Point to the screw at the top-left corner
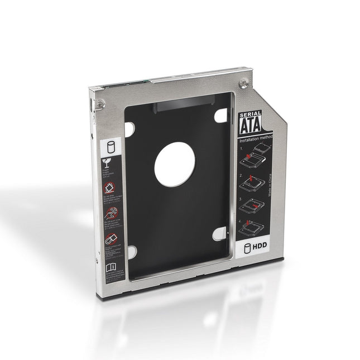[x=100, y=104]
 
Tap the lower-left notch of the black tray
[x=131, y=252]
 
